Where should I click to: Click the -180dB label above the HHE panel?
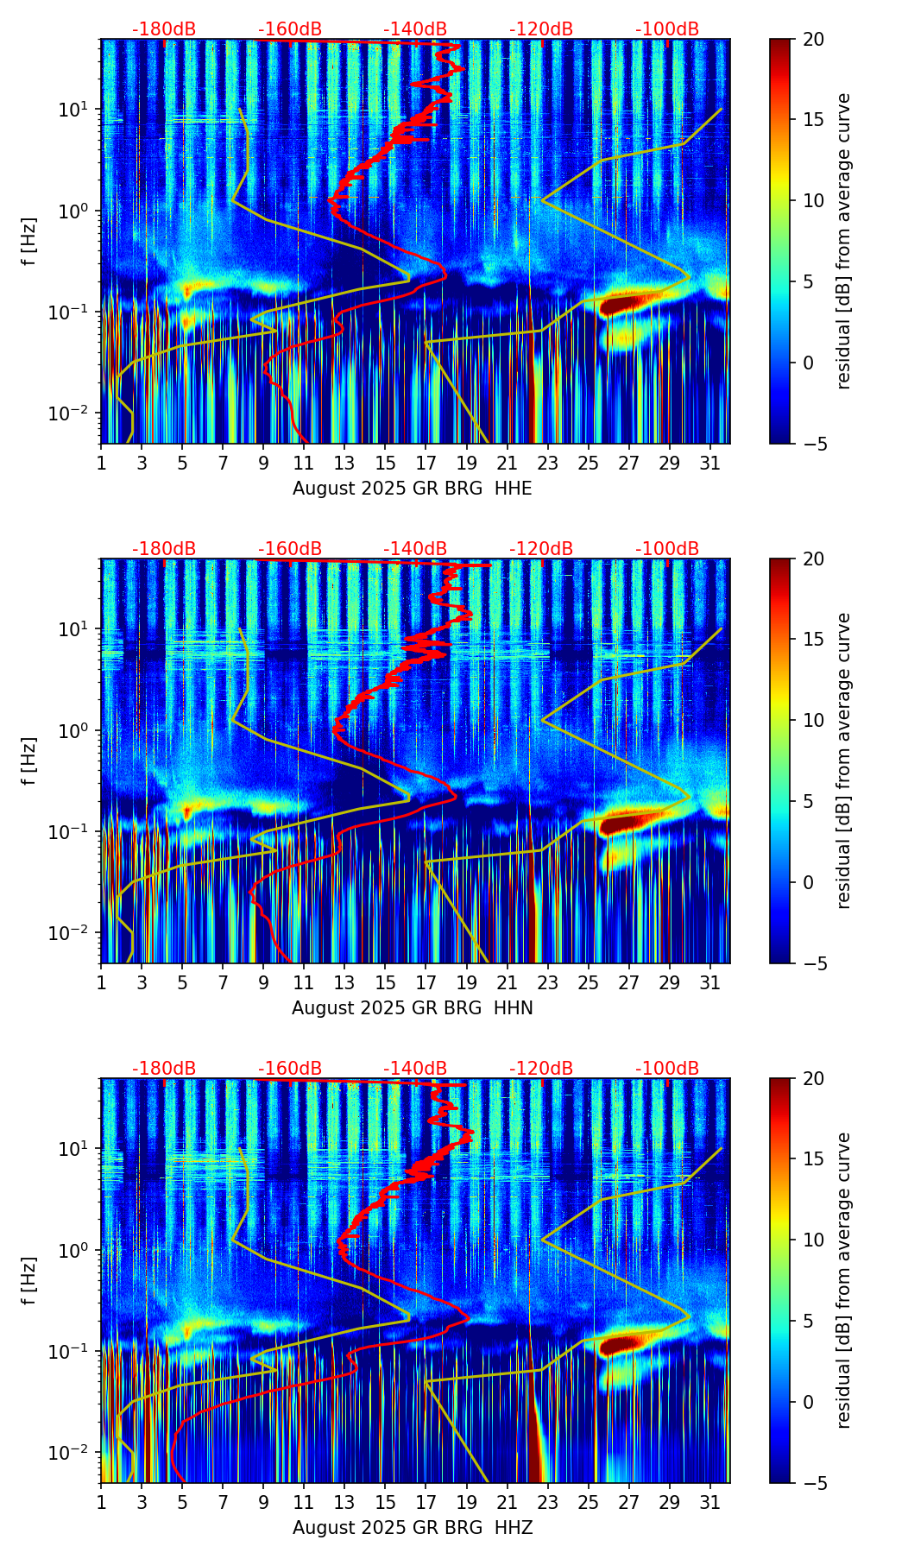pos(164,29)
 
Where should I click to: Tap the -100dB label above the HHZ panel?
pos(667,1069)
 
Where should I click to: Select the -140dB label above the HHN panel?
pos(416,549)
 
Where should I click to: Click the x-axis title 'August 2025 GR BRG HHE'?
pos(412,489)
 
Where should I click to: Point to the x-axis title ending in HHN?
pos(412,1008)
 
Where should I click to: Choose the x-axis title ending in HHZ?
pos(412,1528)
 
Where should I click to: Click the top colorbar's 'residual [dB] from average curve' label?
pos(844,241)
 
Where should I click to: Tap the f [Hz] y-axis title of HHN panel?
pos(29,761)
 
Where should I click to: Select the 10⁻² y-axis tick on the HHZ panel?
pos(79,1453)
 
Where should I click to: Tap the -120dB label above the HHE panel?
pos(541,29)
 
